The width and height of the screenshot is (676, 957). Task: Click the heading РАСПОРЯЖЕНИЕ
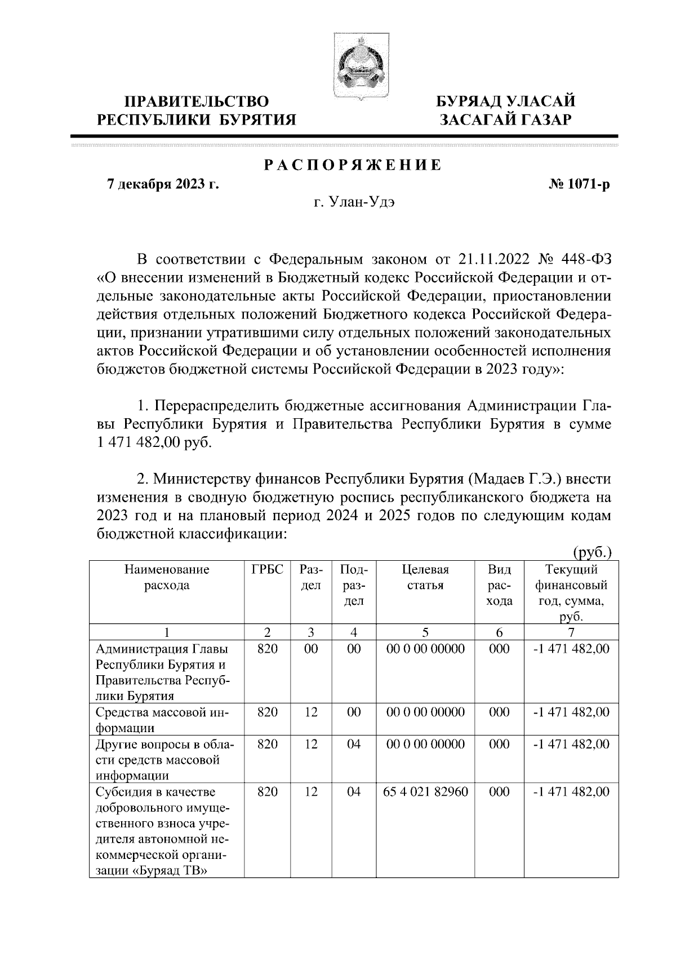353,166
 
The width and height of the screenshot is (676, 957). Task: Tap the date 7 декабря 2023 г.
163,184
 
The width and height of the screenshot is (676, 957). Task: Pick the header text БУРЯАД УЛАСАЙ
506,102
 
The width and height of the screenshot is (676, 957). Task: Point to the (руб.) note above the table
592,551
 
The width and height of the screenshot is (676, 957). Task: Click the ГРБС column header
267,569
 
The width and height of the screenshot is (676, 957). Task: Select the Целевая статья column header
425,577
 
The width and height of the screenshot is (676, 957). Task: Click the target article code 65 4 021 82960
425,791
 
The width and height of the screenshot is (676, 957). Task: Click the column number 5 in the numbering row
425,632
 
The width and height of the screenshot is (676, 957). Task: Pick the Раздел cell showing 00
311,649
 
